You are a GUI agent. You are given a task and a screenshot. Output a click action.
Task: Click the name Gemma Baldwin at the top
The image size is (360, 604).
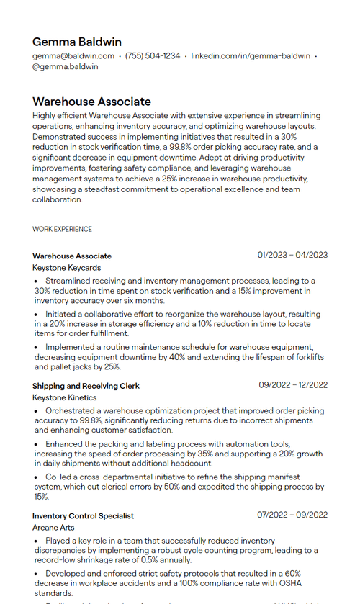(76, 42)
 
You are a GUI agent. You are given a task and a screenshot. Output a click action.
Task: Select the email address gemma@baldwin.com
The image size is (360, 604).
(73, 56)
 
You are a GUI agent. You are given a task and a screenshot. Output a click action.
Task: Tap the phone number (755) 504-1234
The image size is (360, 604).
(153, 56)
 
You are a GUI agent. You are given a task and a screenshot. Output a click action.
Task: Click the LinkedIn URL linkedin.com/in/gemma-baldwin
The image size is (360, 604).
(251, 56)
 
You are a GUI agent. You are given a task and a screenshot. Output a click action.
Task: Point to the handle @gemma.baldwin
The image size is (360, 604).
(66, 66)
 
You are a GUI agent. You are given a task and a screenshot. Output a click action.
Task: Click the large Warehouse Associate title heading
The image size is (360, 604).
(91, 102)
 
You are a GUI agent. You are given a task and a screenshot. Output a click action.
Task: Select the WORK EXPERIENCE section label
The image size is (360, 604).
(62, 229)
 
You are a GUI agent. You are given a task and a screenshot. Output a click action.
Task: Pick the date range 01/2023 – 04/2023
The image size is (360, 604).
(292, 255)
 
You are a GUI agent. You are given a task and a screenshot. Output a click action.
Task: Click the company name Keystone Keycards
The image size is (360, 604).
(67, 268)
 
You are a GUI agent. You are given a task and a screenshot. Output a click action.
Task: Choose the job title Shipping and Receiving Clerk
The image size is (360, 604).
(86, 386)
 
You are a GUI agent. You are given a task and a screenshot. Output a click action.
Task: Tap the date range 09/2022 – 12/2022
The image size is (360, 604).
(293, 385)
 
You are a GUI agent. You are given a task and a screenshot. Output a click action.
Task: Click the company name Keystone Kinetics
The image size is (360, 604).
(64, 397)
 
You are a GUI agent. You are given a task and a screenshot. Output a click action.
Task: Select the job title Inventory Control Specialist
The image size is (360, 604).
(83, 515)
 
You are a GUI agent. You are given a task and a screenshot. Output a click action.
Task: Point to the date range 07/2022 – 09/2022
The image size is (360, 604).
(292, 515)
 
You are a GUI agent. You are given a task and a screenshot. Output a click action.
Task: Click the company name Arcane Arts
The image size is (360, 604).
(53, 528)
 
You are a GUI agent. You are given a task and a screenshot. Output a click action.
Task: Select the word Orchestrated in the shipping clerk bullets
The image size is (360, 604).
(71, 410)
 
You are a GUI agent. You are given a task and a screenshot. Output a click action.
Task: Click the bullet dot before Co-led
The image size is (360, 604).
(37, 477)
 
